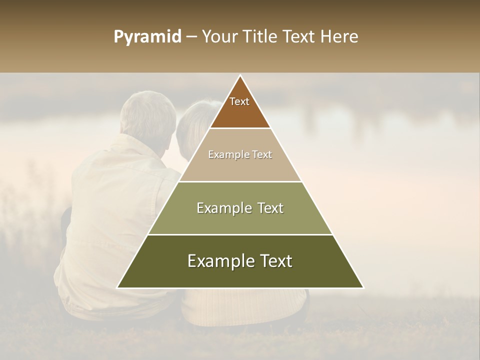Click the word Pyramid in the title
[147, 37]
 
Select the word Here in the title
[339, 37]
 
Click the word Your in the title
[219, 37]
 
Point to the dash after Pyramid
[191, 37]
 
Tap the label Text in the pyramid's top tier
[239, 101]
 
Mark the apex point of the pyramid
[240, 75]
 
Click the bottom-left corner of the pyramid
[117, 287]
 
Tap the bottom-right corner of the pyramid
[363, 287]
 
